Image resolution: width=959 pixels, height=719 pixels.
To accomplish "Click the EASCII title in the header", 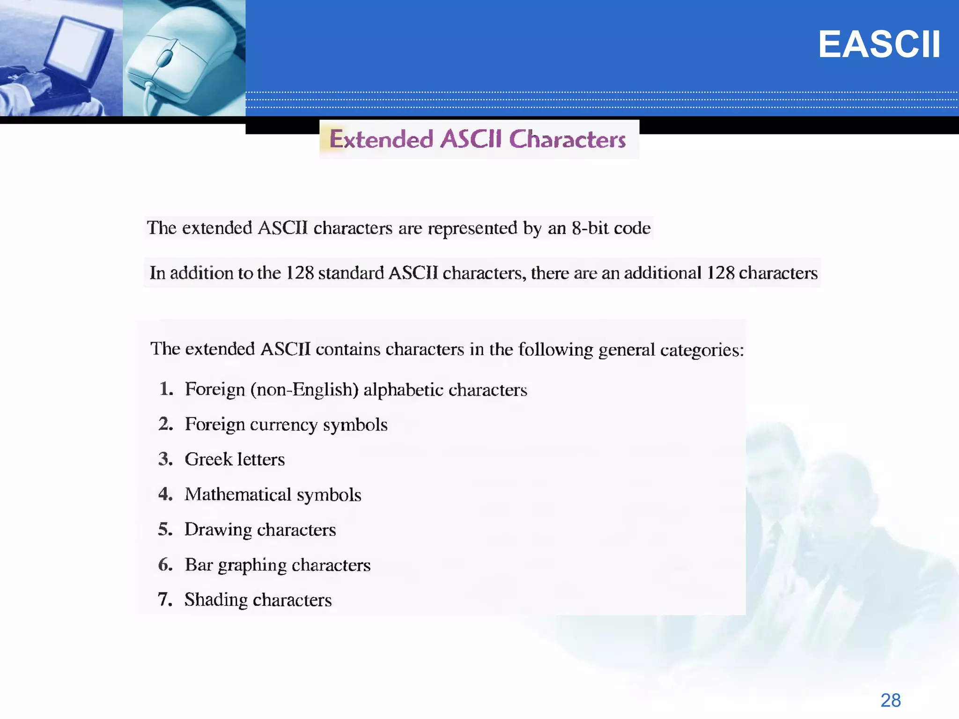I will coord(879,45).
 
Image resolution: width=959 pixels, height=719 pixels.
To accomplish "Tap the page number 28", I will coord(890,700).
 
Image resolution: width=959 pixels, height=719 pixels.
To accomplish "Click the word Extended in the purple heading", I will coord(381,139).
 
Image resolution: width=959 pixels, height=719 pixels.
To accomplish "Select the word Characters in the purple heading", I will coord(567,139).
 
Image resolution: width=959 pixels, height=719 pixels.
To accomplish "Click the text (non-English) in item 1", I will coord(304,389).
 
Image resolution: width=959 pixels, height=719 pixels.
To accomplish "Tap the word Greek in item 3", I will coord(208,459).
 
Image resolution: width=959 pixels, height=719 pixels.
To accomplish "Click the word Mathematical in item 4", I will coord(238,495).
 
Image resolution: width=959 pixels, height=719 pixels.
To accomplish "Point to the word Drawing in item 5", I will coord(218,530).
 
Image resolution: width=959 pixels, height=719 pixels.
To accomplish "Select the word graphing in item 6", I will coord(252,565).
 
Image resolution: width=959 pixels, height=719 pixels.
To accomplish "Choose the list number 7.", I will coord(165,600).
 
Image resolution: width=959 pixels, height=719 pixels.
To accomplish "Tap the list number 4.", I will coord(165,494).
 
